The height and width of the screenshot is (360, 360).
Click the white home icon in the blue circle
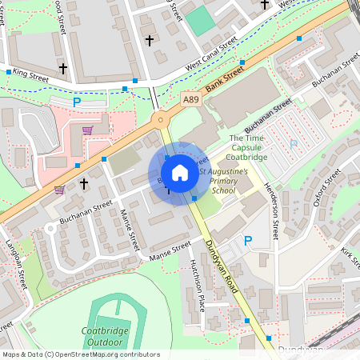click(180, 173)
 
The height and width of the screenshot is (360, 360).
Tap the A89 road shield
click(190, 99)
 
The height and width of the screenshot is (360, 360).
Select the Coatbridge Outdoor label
click(106, 337)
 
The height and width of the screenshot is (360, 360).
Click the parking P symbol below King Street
click(77, 102)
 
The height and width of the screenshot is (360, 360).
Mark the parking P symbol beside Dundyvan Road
click(248, 241)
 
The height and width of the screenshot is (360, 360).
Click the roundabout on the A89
click(162, 120)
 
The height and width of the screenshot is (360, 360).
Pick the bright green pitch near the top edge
click(200, 21)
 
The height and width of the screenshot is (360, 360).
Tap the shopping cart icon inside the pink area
click(87, 130)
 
